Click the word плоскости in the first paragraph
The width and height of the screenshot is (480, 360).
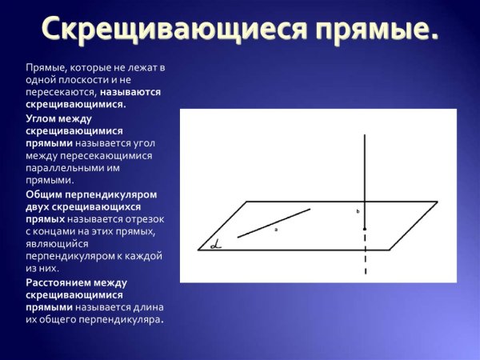tap(74, 80)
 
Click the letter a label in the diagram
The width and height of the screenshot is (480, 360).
tap(276, 230)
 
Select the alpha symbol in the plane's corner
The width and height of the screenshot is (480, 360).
tap(214, 245)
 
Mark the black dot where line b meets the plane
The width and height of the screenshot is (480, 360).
tap(365, 229)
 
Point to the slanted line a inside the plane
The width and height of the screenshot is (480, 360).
tap(274, 222)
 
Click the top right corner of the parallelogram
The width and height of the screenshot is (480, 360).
tap(438, 202)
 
